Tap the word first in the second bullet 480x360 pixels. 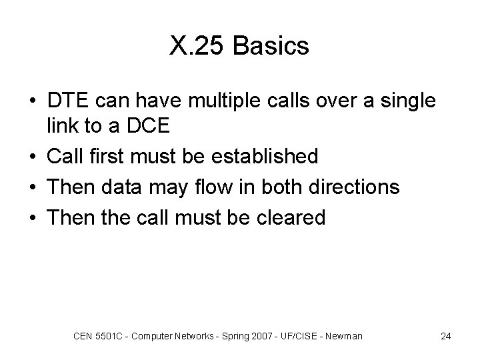(111, 156)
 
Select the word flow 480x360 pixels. (221, 187)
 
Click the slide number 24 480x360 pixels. (446, 336)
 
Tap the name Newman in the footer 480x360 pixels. (344, 336)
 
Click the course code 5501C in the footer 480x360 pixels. (109, 336)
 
